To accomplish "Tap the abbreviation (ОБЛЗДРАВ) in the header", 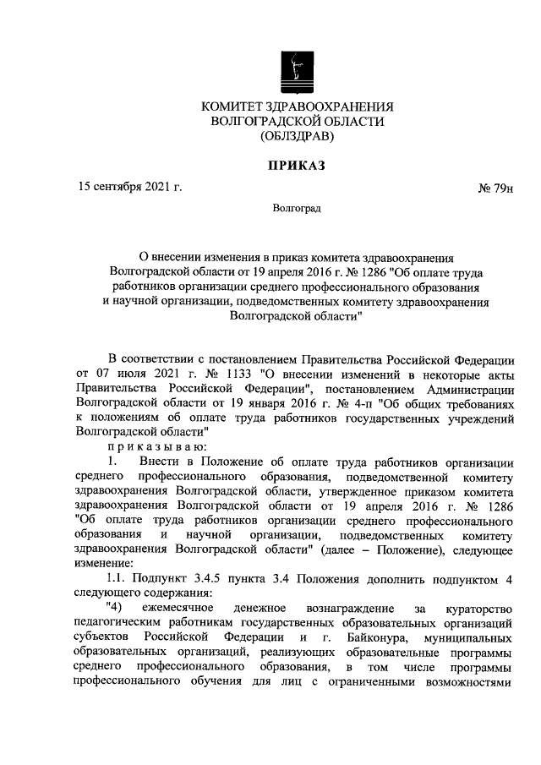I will (x=298, y=135).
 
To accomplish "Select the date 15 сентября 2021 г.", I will (x=128, y=187).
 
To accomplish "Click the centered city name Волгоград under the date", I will (x=297, y=208).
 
